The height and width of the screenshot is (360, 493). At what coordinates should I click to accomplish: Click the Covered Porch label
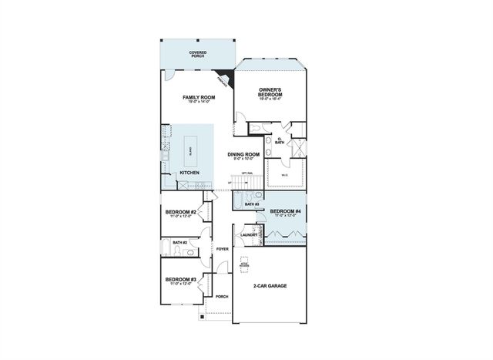point(198,55)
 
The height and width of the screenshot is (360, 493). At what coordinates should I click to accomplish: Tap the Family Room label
point(198,99)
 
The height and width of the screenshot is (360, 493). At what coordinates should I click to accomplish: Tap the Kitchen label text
point(189,173)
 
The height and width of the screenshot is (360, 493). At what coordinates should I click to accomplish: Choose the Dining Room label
point(243,155)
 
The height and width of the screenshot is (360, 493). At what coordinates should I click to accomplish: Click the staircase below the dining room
point(243,182)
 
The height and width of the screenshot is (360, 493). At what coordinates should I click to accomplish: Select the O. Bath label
point(280,142)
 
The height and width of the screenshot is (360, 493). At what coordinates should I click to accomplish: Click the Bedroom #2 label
point(180,212)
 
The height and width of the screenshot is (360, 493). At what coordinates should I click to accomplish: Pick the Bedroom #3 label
point(180,281)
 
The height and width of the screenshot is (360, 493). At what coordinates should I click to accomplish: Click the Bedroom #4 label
point(284,212)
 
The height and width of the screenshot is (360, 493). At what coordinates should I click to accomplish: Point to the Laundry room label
point(248,234)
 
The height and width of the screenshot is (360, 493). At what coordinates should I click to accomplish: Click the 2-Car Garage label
point(270,285)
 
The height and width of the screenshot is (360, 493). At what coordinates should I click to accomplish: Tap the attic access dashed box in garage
point(244,261)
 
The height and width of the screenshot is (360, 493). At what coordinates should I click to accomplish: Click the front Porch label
point(222,296)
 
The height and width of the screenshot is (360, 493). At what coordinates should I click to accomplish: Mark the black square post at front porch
point(203,316)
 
